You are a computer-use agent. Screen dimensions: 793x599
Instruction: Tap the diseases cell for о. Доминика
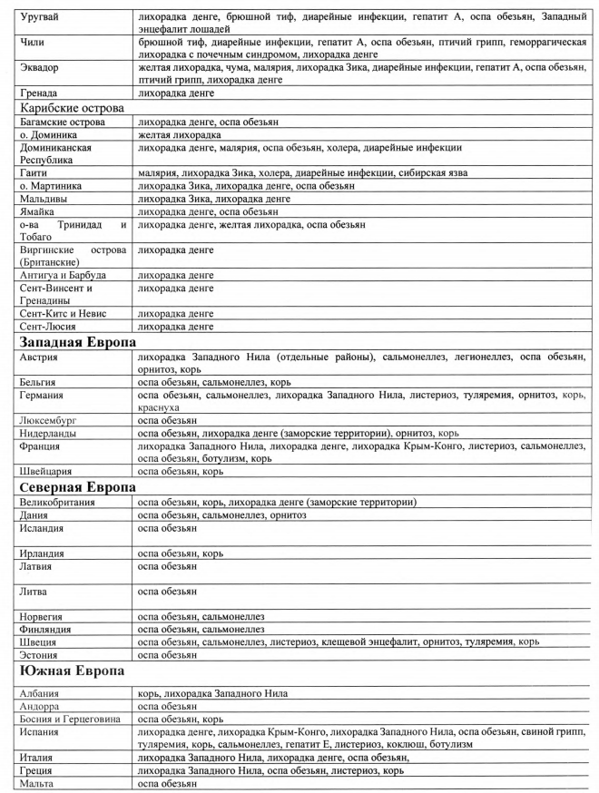point(182,134)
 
